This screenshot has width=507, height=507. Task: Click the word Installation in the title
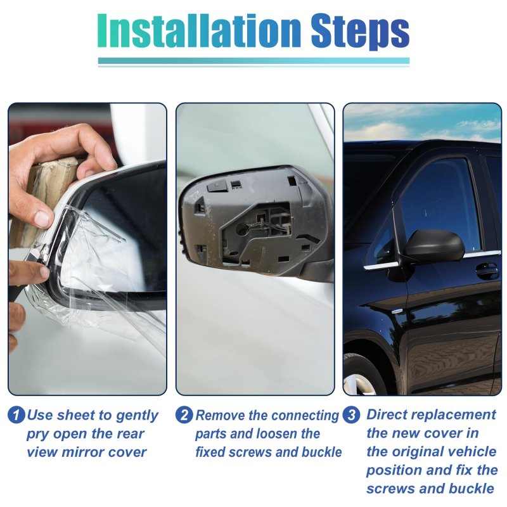[x=199, y=31]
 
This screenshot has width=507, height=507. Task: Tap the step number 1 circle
[x=16, y=415]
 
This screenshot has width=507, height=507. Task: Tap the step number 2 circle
[x=184, y=415]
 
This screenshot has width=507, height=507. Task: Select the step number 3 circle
[x=352, y=415]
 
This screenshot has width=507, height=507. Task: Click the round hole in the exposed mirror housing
[x=241, y=229]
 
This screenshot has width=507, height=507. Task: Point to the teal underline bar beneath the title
[x=254, y=61]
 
